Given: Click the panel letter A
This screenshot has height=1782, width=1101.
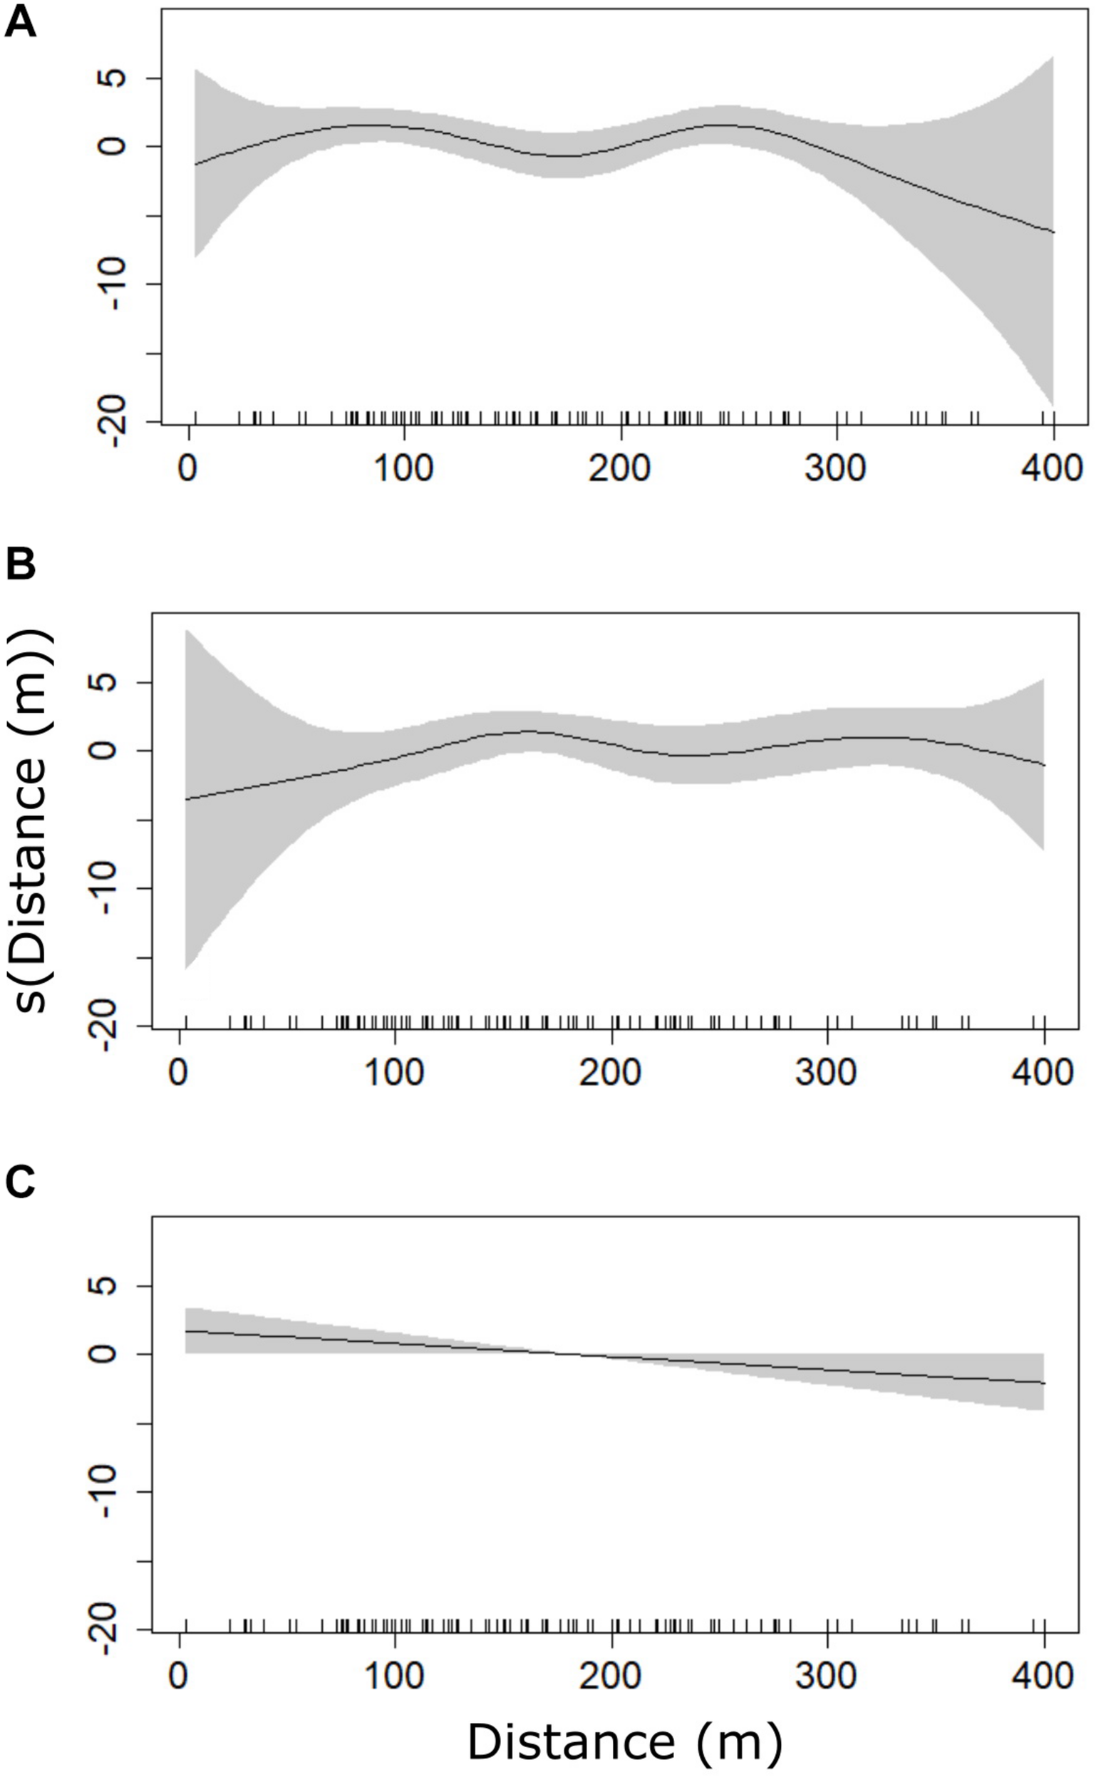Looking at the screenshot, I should click(20, 25).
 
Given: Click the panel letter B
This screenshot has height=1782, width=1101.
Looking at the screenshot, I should click(20, 565).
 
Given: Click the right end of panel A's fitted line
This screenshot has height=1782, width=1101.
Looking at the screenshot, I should click(1053, 232).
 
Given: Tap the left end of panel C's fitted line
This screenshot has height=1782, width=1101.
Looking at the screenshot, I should click(187, 1332).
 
